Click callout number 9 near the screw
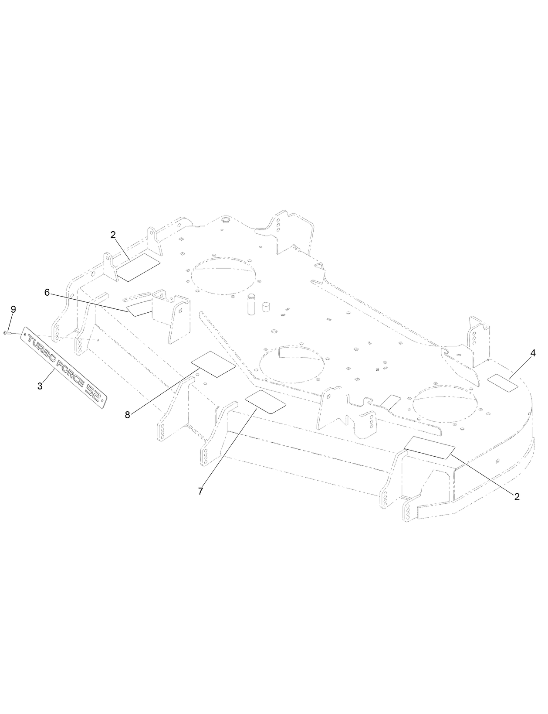coord(13,309)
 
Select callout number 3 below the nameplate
coord(40,386)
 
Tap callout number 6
coord(47,292)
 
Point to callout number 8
coord(128,415)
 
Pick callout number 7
coord(200,491)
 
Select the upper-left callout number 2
coord(113,235)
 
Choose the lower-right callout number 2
coord(517,496)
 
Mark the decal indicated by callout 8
coord(213,364)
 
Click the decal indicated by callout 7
coord(266,402)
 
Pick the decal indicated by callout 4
coord(503,381)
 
